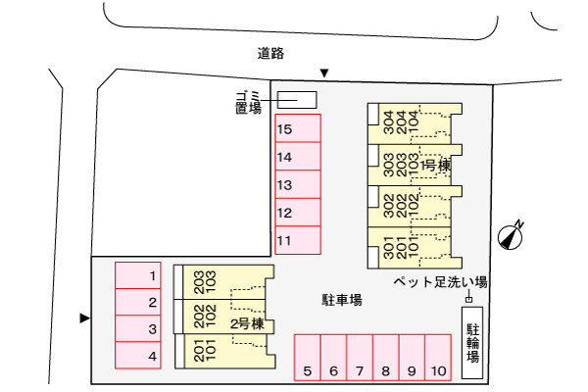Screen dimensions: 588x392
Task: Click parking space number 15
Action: pos(297,128)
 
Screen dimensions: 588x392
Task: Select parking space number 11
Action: pos(297,240)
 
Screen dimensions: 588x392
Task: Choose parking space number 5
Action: pos(307,358)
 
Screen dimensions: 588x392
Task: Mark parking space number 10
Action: pos(438,358)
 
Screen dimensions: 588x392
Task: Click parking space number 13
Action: pos(297,184)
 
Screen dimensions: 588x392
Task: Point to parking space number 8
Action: pos(386,358)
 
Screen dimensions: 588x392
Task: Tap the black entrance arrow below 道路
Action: pos(324,73)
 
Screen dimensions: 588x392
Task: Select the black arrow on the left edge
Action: pos(84,318)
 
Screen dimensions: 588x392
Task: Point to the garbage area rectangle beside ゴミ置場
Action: pos(297,100)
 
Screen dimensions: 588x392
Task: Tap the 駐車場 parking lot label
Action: pos(342,299)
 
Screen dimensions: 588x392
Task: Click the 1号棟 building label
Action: pos(435,166)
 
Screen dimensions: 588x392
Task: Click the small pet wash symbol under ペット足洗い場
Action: pos(468,297)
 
